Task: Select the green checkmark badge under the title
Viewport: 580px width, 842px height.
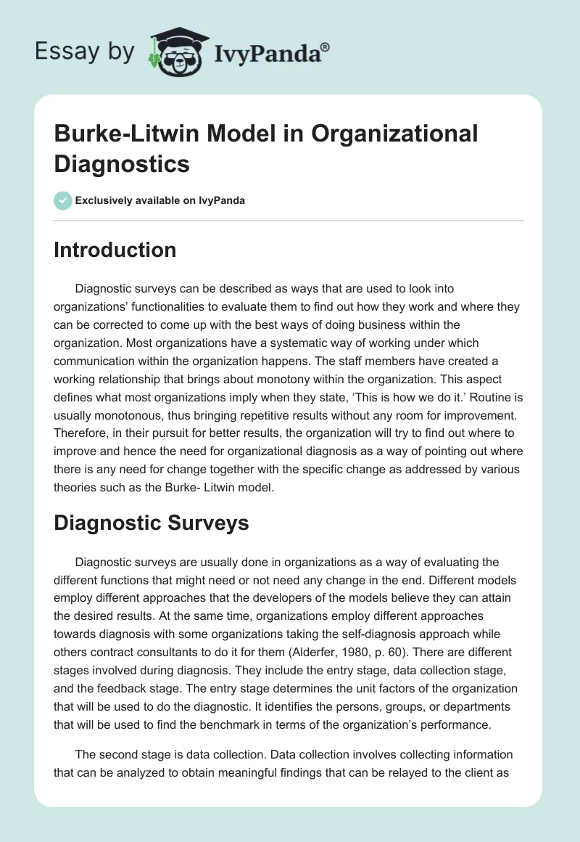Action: [62, 200]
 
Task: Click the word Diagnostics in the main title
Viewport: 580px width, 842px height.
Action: [122, 163]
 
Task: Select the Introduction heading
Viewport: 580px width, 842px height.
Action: [115, 250]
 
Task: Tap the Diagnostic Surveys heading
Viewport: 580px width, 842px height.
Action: [152, 523]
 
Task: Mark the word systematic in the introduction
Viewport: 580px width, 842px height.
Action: [249, 343]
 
